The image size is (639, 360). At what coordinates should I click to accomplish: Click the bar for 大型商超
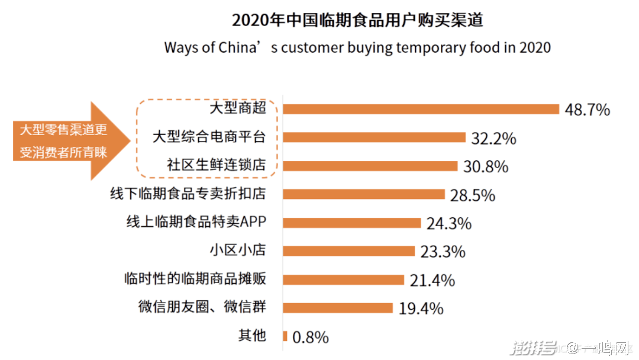pyautogui.click(x=421, y=109)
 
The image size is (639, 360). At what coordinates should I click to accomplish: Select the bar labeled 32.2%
pyautogui.click(x=375, y=137)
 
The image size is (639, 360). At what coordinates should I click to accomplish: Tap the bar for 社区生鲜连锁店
pyautogui.click(x=370, y=166)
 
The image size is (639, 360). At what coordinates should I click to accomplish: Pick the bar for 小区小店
pyautogui.click(x=349, y=251)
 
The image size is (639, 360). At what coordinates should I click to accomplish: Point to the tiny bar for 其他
pyautogui.click(x=285, y=336)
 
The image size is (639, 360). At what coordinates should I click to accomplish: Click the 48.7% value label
pyautogui.click(x=587, y=110)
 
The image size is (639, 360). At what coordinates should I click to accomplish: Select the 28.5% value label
pyautogui.click(x=472, y=195)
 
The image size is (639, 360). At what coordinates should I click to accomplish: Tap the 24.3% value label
pyautogui.click(x=448, y=224)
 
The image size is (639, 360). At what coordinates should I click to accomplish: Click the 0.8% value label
pyautogui.click(x=311, y=337)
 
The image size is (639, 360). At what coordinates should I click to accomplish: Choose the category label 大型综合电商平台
pyautogui.click(x=209, y=137)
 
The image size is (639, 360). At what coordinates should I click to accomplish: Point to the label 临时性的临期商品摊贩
pyautogui.click(x=195, y=279)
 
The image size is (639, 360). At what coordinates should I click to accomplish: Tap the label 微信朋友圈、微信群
pyautogui.click(x=202, y=307)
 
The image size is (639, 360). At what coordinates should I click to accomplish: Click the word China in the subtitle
pyautogui.click(x=240, y=47)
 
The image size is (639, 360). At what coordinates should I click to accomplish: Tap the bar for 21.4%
pyautogui.click(x=344, y=279)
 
